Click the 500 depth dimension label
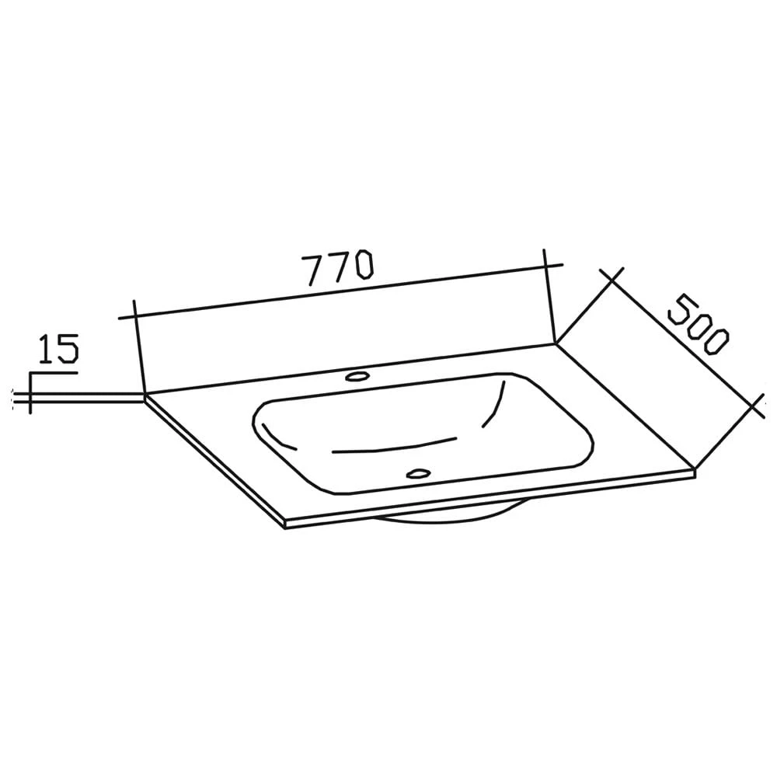[x=699, y=325]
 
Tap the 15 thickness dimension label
[x=58, y=348]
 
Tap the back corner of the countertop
[x=555, y=343]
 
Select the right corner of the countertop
[x=695, y=469]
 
